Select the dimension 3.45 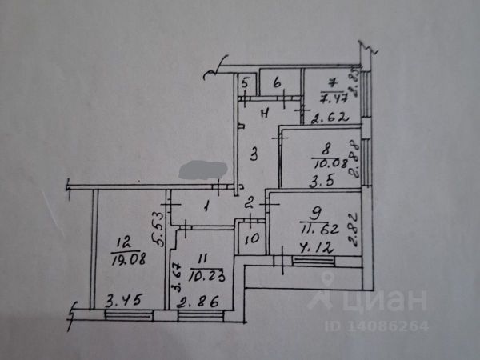click(121, 302)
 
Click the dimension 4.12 click(314, 248)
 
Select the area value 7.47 click(331, 98)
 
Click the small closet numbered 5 click(247, 83)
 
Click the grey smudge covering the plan click(206, 170)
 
